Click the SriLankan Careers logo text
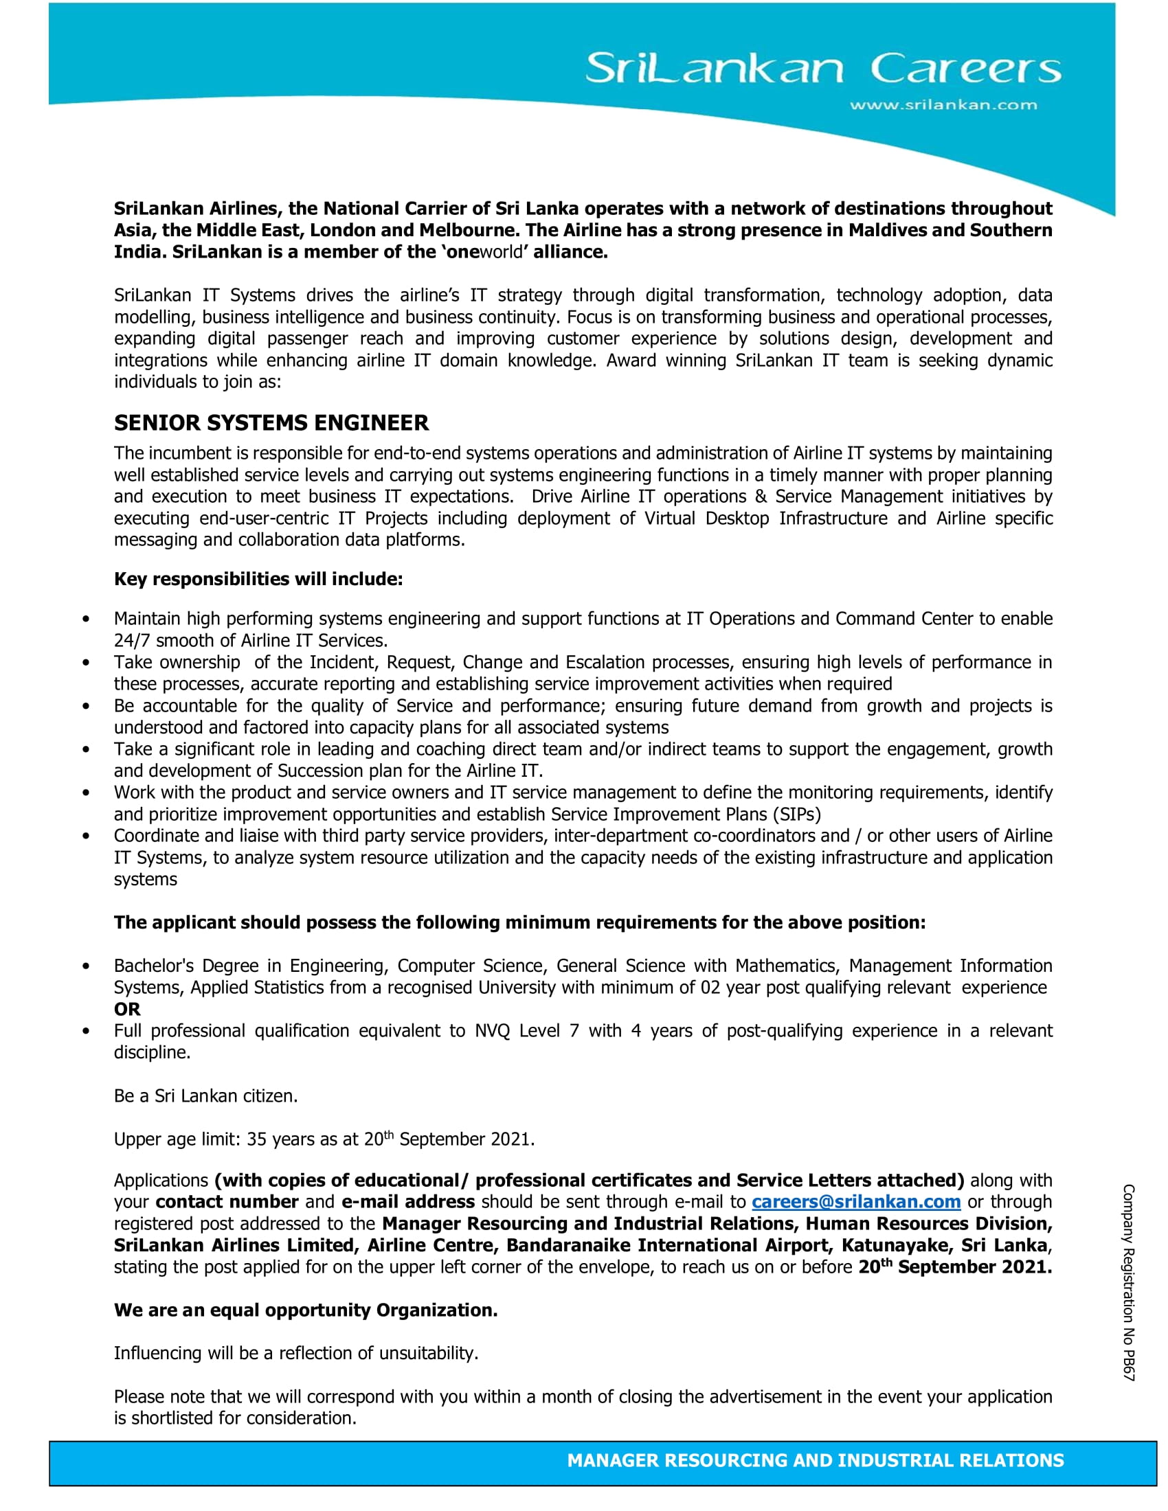pos(822,68)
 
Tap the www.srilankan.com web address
pos(943,105)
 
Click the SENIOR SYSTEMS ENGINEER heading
pos(271,422)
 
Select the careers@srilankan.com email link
pos(856,1202)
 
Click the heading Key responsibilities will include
pos(258,579)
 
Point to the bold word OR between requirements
pos(127,1009)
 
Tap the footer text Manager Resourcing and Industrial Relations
pos(815,1460)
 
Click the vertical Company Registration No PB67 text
pos(1129,1283)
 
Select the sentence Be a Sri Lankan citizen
pos(205,1096)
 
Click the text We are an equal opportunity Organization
pos(305,1310)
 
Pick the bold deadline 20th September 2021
pos(955,1266)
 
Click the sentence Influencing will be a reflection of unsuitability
pos(296,1353)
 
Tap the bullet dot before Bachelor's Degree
pos(86,966)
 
